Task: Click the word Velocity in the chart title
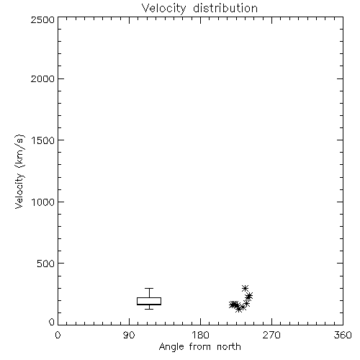tap(164, 9)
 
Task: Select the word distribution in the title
tap(225, 8)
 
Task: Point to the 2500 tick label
tap(43, 19)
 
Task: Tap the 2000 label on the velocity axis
tap(43, 78)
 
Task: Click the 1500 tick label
tap(43, 140)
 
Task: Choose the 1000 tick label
tap(43, 202)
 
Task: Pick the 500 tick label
tap(46, 264)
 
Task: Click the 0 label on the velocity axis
tap(52, 322)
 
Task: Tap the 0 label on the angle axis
tap(58, 335)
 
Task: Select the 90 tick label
tap(129, 335)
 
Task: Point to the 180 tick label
tap(200, 335)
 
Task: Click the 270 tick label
tap(271, 335)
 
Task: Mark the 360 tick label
tap(343, 335)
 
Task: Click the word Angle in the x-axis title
tap(171, 347)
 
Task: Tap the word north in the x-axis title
tap(229, 347)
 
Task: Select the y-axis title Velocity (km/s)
tap(19, 171)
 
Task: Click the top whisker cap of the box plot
tap(149, 288)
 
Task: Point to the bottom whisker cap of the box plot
tap(149, 309)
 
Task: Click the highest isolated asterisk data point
tap(245, 288)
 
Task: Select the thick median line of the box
tap(149, 305)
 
